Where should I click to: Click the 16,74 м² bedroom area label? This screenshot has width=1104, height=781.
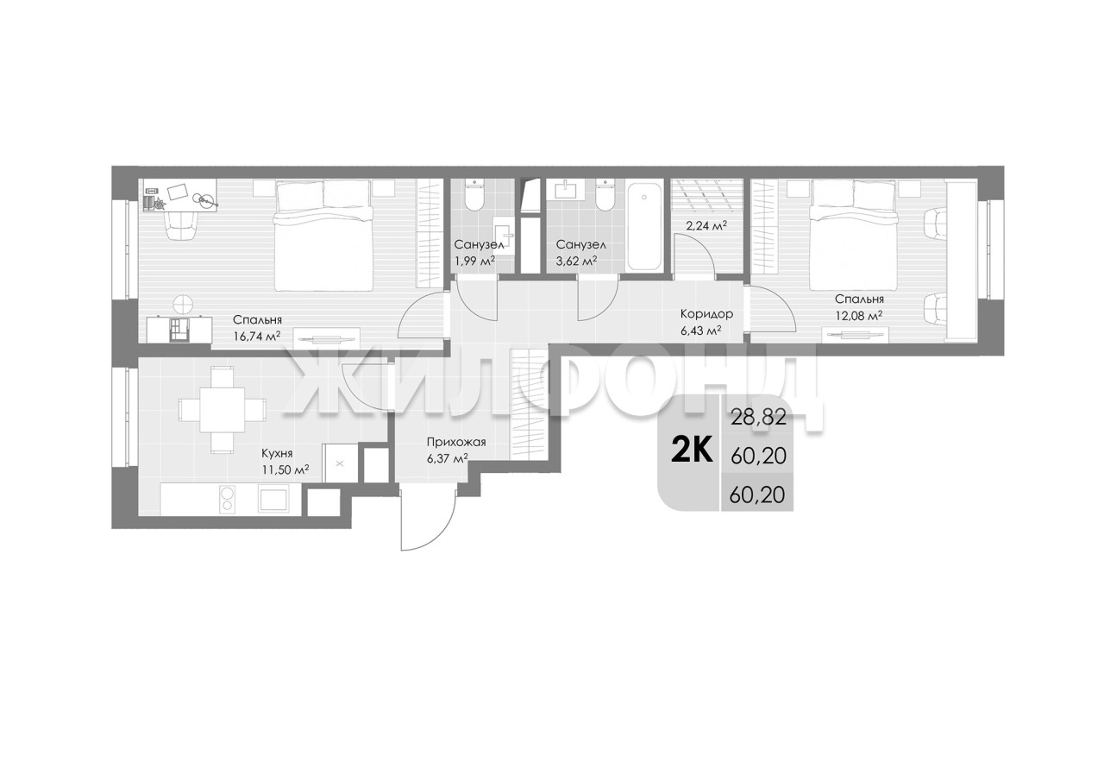[x=256, y=337]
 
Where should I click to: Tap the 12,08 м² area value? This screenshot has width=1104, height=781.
[x=858, y=315]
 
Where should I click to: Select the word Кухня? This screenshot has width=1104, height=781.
[x=277, y=453]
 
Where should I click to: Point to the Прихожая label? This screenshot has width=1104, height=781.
[x=456, y=442]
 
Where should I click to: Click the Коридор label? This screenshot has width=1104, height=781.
[x=706, y=313]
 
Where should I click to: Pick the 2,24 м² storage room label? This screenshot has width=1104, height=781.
[x=706, y=226]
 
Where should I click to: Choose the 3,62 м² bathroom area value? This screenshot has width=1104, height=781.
[x=577, y=261]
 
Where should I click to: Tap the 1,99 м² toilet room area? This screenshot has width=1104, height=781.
[x=474, y=261]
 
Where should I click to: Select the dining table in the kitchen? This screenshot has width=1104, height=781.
[x=223, y=409]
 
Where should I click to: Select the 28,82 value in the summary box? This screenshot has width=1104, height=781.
[x=758, y=418]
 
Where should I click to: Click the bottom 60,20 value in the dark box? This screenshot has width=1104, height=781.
[x=757, y=494]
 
